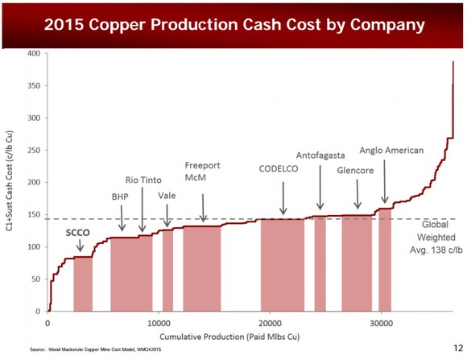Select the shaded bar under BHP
pos(130,274)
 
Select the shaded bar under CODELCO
pos(282,265)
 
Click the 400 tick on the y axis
pos(34,53)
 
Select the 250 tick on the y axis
pos(34,150)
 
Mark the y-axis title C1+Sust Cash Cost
pos(9,183)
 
